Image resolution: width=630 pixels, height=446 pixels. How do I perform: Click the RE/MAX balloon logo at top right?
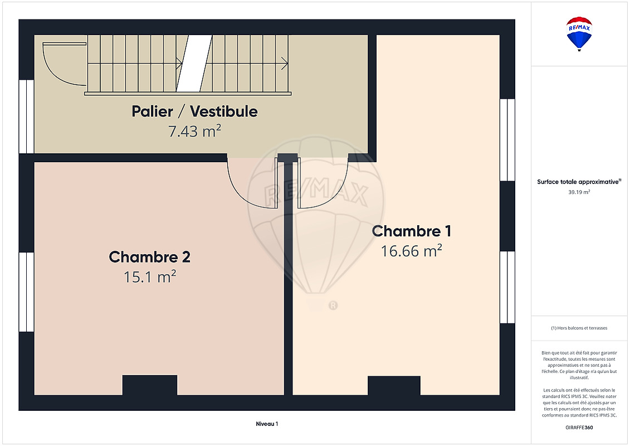pos(579,34)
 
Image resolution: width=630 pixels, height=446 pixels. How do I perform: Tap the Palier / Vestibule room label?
pos(194,111)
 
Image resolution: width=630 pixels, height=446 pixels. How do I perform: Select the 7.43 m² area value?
pos(194,130)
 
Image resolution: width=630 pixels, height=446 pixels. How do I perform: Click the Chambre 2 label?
pos(149,257)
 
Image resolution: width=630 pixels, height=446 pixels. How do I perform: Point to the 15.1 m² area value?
pos(149,277)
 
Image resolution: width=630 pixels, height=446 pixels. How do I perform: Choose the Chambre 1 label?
pos(412,231)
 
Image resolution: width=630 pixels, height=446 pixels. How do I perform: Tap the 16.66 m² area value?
pos(412,251)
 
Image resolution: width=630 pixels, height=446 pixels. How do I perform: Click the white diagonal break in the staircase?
pos(194,64)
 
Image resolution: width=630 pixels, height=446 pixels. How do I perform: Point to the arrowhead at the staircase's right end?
pos(285,64)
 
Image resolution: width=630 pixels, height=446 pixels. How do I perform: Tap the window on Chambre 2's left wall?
pos(27,292)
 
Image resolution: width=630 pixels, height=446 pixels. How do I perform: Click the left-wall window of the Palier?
pos(27,117)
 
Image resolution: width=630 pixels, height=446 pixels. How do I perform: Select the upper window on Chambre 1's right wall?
pos(507,140)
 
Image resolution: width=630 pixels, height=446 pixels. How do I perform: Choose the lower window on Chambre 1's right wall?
pos(507,287)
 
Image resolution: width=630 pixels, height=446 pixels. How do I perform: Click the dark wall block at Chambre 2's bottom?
pos(150,385)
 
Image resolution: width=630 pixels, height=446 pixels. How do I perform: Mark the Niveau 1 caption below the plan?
pos(267,424)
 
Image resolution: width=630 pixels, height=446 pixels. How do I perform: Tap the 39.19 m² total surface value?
pos(579,192)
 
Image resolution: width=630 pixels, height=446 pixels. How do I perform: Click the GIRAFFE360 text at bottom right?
pos(579,428)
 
